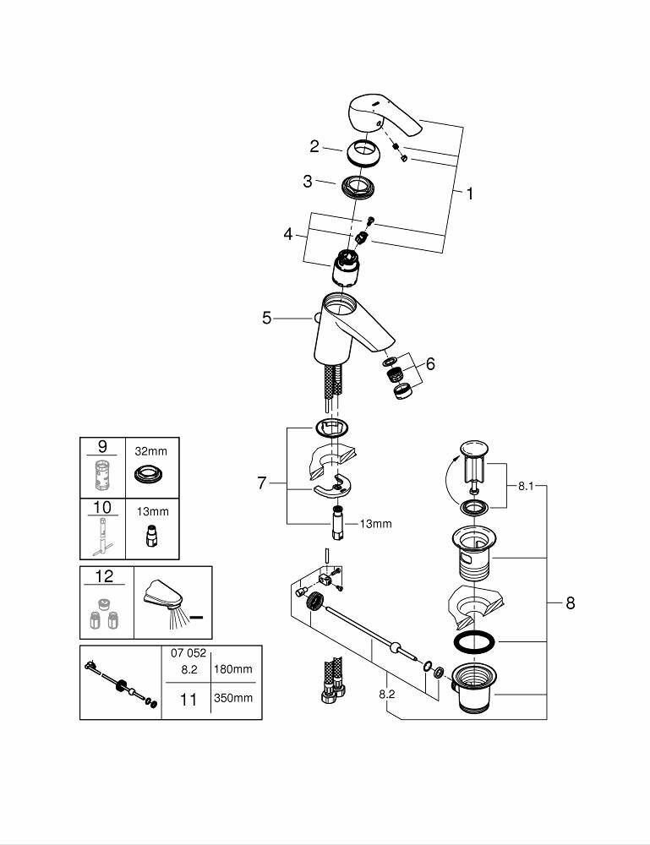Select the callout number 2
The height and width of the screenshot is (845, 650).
click(x=314, y=146)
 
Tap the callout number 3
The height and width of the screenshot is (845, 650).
click(x=308, y=181)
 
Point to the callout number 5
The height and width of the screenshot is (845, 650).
click(x=266, y=319)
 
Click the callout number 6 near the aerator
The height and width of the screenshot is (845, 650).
click(x=430, y=364)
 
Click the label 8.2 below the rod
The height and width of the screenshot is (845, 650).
click(x=387, y=694)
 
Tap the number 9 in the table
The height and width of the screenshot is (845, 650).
click(x=102, y=444)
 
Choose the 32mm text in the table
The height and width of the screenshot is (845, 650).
click(x=152, y=451)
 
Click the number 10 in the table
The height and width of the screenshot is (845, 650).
click(x=102, y=507)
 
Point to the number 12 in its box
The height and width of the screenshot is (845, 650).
click(x=104, y=576)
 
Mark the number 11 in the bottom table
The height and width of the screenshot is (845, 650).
click(x=188, y=699)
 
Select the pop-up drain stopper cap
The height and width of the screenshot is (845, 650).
click(x=470, y=448)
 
